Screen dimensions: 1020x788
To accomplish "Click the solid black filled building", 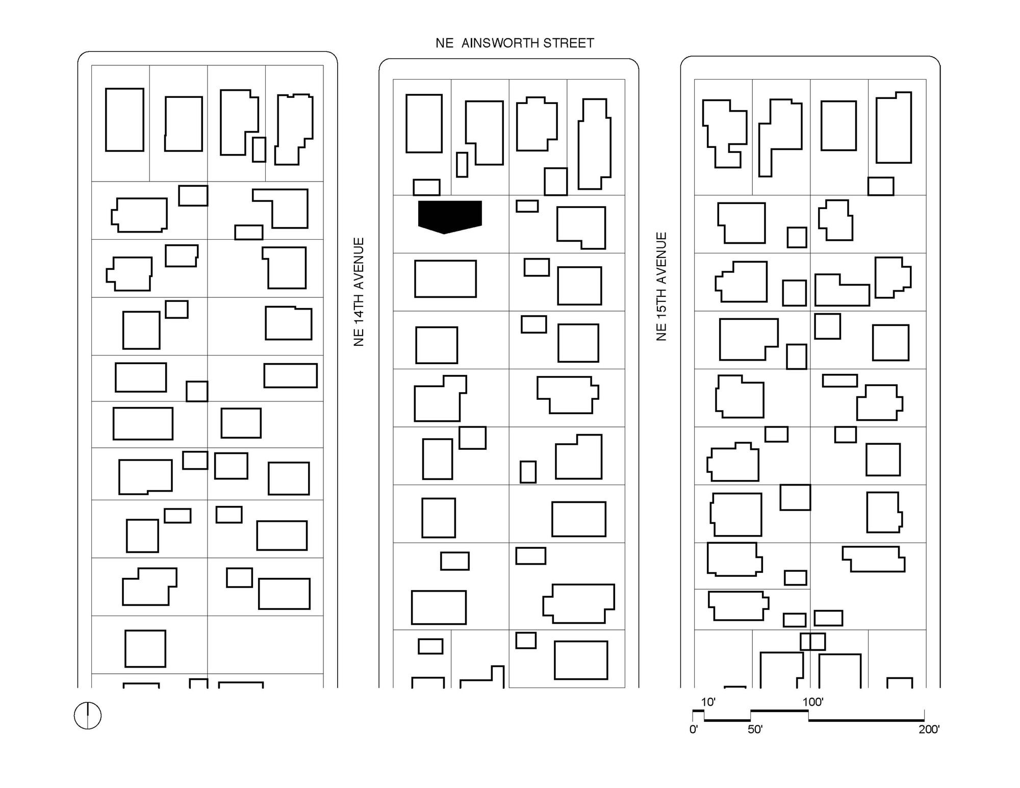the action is pyautogui.click(x=450, y=216).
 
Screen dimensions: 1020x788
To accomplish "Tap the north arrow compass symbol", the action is pyautogui.click(x=88, y=716).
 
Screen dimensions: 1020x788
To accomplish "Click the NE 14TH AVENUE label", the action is pyautogui.click(x=359, y=292).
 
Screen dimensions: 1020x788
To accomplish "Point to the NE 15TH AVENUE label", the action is pyautogui.click(x=661, y=287).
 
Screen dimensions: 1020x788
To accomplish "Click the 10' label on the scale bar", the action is pyautogui.click(x=708, y=702).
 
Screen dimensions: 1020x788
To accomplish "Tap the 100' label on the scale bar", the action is pyautogui.click(x=813, y=702).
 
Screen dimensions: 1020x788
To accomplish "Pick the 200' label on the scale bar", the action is pyautogui.click(x=929, y=729).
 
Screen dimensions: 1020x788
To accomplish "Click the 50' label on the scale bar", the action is pyautogui.click(x=755, y=729).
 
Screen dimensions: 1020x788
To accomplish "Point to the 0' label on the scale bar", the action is pyautogui.click(x=694, y=729).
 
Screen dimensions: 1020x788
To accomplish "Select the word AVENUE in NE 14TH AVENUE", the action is pyautogui.click(x=359, y=263).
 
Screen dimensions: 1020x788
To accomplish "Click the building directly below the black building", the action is pyautogui.click(x=445, y=278).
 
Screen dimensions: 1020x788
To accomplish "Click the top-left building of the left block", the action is pyautogui.click(x=124, y=120).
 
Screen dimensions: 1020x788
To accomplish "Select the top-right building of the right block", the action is pyautogui.click(x=894, y=128).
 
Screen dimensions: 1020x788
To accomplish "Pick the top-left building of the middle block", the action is pyautogui.click(x=424, y=123).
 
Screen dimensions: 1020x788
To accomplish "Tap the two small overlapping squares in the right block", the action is pyautogui.click(x=812, y=641).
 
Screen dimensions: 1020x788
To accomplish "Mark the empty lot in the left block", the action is pyautogui.click(x=265, y=645).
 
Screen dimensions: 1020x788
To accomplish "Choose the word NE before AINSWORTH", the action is pyautogui.click(x=444, y=43).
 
